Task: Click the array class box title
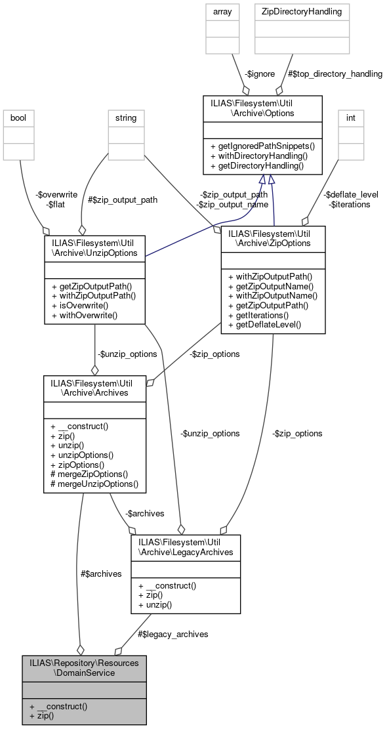click(x=219, y=11)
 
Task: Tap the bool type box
click(x=18, y=119)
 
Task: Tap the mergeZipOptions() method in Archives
click(x=89, y=473)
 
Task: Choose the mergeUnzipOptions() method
click(x=94, y=484)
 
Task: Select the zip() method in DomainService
click(x=42, y=717)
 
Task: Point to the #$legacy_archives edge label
click(x=173, y=634)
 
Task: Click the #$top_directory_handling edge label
click(x=334, y=74)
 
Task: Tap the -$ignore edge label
click(x=258, y=74)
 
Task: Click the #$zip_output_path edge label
click(x=123, y=199)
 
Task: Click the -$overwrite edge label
click(x=58, y=195)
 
